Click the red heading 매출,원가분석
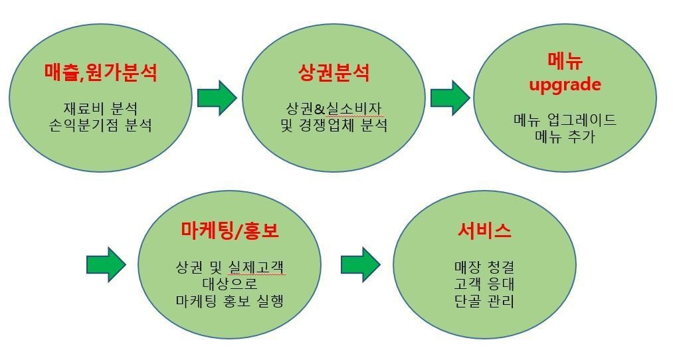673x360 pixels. (101, 72)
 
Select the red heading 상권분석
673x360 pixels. (334, 72)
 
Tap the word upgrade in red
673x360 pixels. (565, 85)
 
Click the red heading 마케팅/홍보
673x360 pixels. (230, 230)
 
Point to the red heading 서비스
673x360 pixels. (484, 230)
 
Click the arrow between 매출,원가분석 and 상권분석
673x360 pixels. (217, 98)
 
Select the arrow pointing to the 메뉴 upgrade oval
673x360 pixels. (450, 98)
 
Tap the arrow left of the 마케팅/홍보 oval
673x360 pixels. (106, 264)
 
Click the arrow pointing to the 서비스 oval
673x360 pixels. (361, 264)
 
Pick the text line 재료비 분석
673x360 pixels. (100, 108)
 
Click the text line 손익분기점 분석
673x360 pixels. (100, 126)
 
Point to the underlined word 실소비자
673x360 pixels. (353, 108)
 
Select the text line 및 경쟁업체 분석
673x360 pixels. (334, 126)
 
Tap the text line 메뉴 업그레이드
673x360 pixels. (565, 120)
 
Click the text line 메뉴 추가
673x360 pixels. (565, 136)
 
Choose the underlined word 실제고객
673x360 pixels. (256, 267)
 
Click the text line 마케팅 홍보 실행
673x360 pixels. (230, 300)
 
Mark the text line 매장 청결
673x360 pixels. (484, 267)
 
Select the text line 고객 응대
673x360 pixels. (484, 284)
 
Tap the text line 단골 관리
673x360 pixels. (484, 300)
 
